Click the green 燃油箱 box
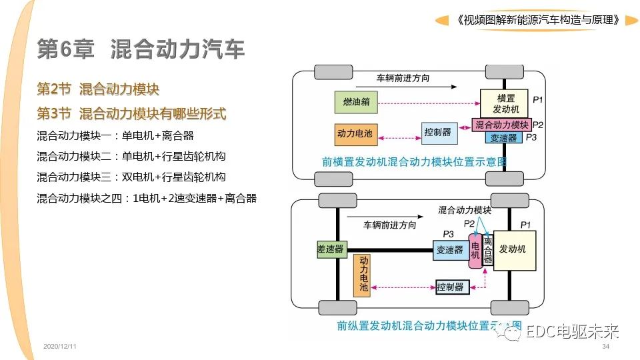pyautogui.click(x=357, y=103)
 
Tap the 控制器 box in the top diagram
pyautogui.click(x=439, y=133)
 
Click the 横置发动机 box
pyautogui.click(x=503, y=103)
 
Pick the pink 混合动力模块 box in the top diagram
pyautogui.click(x=501, y=125)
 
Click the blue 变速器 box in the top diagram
pyautogui.click(x=503, y=138)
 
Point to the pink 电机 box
pyautogui.click(x=475, y=250)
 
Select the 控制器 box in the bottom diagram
pyautogui.click(x=450, y=287)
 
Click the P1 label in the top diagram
pyautogui.click(x=538, y=99)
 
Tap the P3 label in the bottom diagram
pyautogui.click(x=448, y=234)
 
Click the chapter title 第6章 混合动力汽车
pyautogui.click(x=141, y=49)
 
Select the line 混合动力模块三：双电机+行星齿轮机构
pyautogui.click(x=131, y=177)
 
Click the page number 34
pyautogui.click(x=605, y=348)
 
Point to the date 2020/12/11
pyautogui.click(x=60, y=348)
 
